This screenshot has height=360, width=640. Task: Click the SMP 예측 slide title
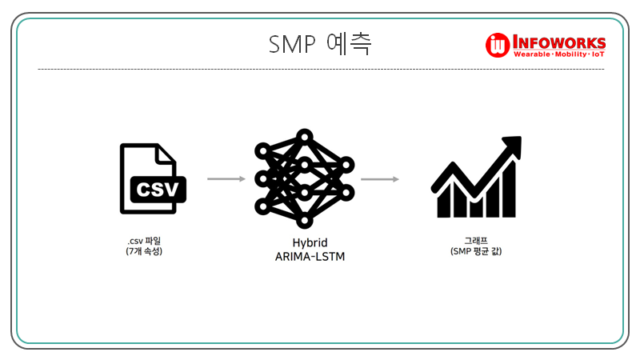point(320,43)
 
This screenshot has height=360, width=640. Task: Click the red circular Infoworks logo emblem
point(498,46)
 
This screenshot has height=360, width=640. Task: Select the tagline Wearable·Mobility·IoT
point(558,55)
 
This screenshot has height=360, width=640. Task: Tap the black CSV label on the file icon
point(158,190)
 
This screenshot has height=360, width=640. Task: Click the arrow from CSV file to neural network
point(226,179)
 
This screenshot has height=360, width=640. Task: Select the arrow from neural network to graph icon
point(379,179)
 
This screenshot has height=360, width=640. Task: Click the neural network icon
point(303,178)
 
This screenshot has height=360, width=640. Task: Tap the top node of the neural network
point(303,137)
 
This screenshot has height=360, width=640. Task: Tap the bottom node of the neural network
point(303,220)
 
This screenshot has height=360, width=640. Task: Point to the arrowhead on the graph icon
point(512,146)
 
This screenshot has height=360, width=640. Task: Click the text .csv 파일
point(150,242)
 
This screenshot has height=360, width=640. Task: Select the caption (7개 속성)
point(150,252)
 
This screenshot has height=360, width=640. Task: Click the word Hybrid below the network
point(304,242)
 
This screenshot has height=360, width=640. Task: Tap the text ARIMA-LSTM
point(304,257)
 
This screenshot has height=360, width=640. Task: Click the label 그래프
point(476,241)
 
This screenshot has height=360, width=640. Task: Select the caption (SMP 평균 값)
point(476,252)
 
